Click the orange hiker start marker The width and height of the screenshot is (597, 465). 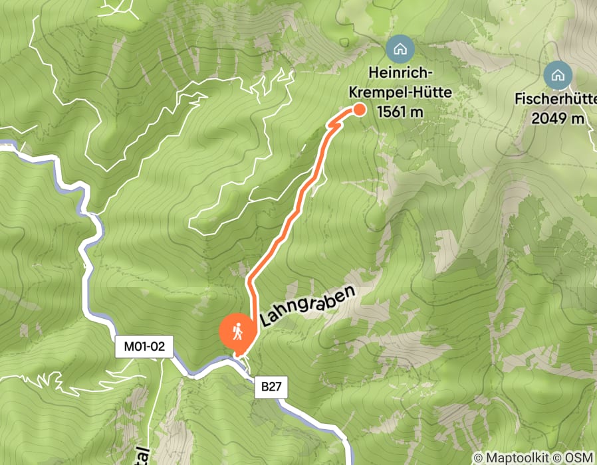coord(237,330)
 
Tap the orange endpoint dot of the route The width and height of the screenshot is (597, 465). coord(360,110)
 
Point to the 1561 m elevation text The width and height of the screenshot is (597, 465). coord(400,112)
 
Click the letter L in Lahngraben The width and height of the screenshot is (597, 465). coord(267,322)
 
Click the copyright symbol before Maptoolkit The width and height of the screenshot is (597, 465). coord(479,458)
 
